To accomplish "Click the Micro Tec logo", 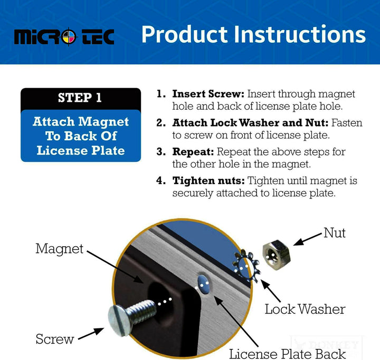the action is point(64,37).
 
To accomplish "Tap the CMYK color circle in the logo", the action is point(69,37).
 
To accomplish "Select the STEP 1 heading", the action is point(80,98).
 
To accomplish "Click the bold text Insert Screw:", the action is point(208,94).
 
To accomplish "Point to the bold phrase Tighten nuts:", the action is point(208,181).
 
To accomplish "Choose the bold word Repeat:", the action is point(193,152).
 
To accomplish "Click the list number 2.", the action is point(161,123).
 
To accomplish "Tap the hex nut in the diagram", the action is point(277,255).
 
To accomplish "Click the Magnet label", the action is point(59,249).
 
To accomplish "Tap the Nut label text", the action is point(335,233).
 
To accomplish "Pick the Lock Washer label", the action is point(305,309).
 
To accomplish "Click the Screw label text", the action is point(55,339).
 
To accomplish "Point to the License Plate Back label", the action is point(287,354).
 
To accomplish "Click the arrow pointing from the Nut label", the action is point(308,239).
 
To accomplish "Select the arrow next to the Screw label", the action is point(91,334).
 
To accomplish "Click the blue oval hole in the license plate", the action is point(203,284).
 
